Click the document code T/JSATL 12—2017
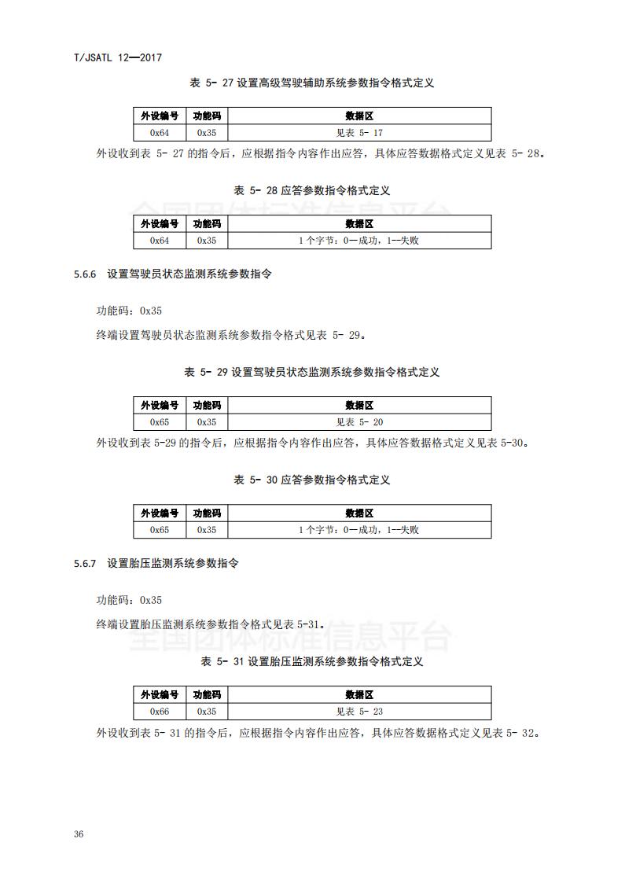click(x=116, y=57)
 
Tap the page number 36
click(x=78, y=833)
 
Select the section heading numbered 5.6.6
click(x=172, y=274)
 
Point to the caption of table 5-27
click(x=312, y=83)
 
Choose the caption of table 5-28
click(x=312, y=190)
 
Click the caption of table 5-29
click(x=312, y=372)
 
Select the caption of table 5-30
click(x=312, y=480)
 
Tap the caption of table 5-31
click(x=312, y=662)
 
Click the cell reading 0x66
click(x=160, y=712)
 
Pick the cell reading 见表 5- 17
click(x=359, y=133)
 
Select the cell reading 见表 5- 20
click(x=359, y=422)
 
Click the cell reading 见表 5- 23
click(x=359, y=712)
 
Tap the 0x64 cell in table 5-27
click(x=160, y=133)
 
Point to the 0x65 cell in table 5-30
click(x=160, y=530)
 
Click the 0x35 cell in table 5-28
click(x=207, y=241)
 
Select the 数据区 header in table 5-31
click(x=359, y=695)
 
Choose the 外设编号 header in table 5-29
click(x=160, y=406)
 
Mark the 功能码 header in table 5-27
click(x=207, y=116)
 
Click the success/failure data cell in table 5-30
click(x=359, y=530)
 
